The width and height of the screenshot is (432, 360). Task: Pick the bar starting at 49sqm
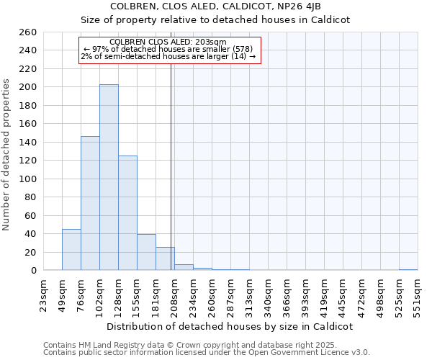point(71,249)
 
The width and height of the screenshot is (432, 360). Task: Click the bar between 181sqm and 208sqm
point(165,258)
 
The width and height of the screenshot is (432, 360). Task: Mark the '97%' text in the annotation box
point(100,49)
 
